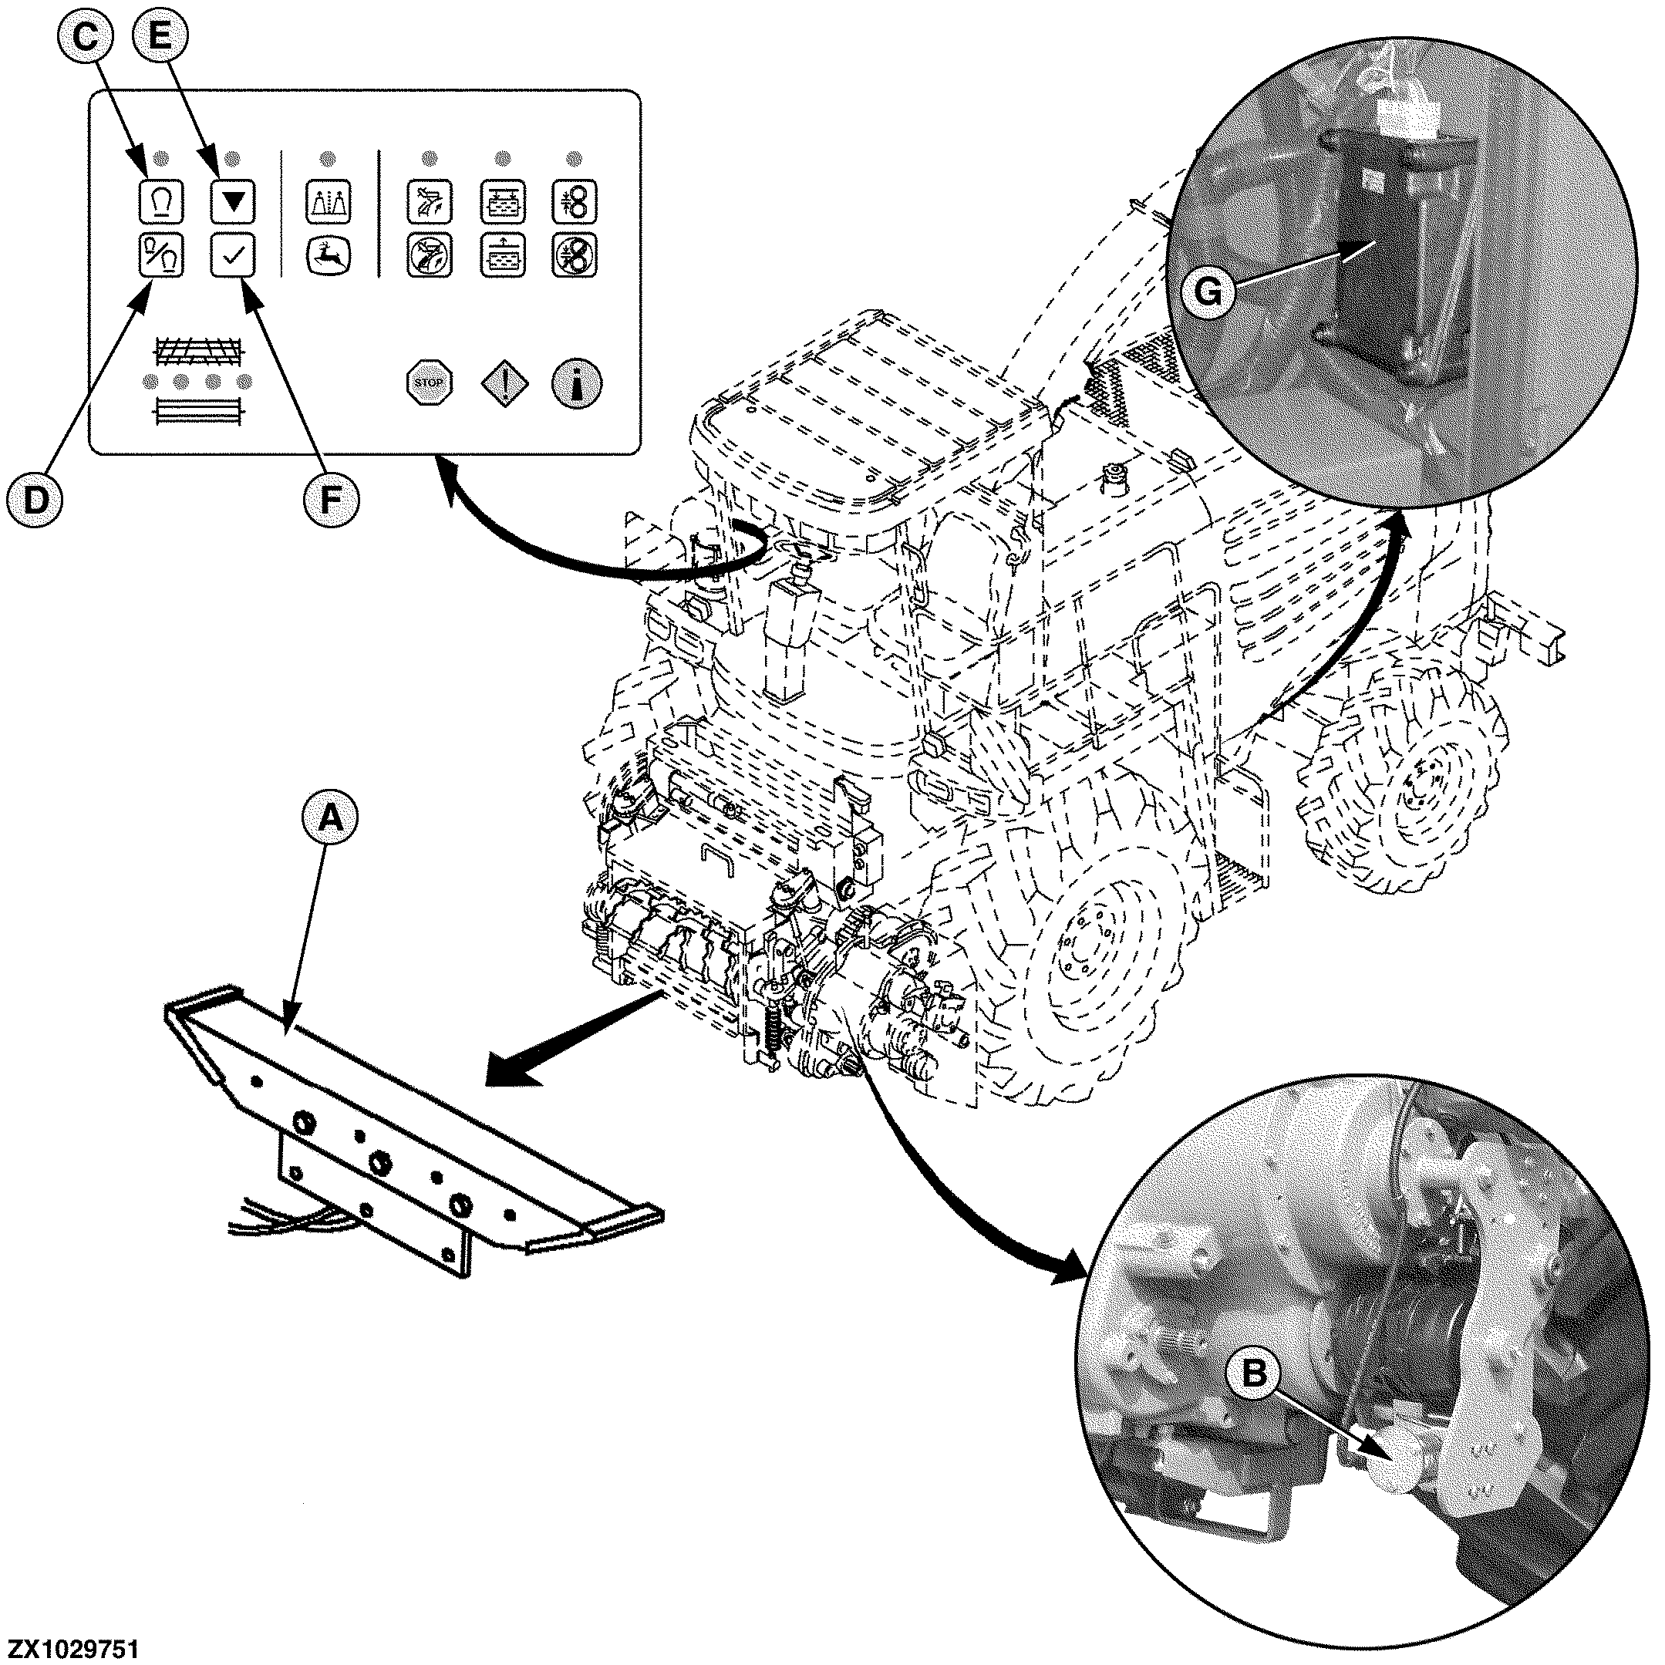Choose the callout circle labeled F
pyautogui.click(x=330, y=497)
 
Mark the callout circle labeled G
pyautogui.click(x=1208, y=293)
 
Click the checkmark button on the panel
pyautogui.click(x=233, y=256)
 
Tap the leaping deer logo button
pyautogui.click(x=329, y=256)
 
